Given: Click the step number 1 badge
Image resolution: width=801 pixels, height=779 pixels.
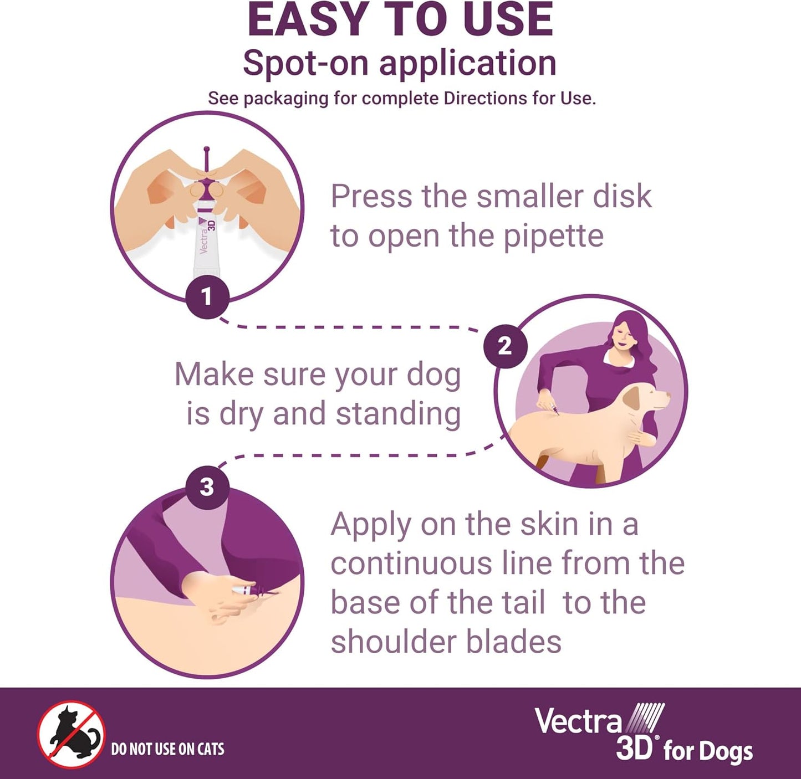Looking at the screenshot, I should point(207,296).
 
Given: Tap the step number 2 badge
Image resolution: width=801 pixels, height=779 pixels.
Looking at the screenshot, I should point(504,346).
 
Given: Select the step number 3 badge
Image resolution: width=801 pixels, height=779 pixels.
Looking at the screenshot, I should point(207,488).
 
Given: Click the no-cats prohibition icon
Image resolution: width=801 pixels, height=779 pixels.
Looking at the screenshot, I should point(71,734).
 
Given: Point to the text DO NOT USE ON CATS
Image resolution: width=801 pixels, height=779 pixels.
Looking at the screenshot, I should point(167,749).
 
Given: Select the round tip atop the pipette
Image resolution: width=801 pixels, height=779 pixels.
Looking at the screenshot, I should point(207,150).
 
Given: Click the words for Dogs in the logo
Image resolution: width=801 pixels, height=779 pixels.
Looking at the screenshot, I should point(708,751).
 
